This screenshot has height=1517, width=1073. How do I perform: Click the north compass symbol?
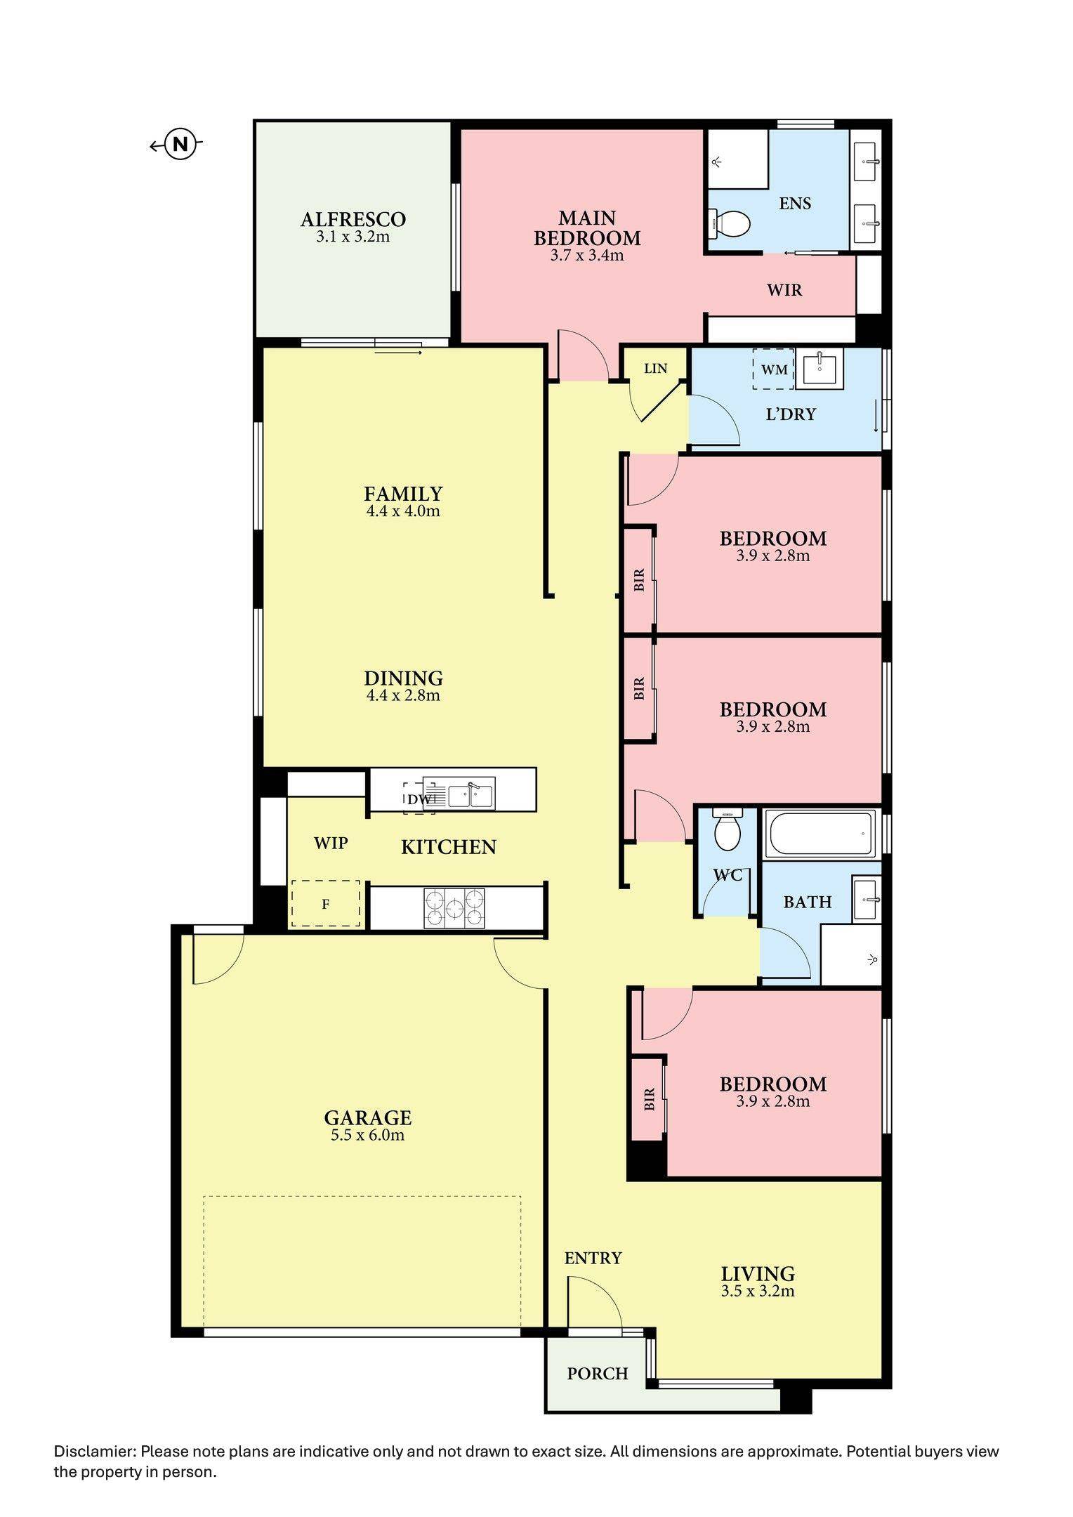click(x=180, y=145)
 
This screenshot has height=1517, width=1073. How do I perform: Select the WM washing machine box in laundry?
click(x=773, y=369)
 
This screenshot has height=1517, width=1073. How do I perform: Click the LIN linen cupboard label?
click(x=655, y=368)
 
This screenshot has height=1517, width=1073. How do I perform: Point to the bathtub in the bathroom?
click(x=821, y=834)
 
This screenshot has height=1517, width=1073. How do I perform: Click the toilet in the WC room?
click(x=726, y=830)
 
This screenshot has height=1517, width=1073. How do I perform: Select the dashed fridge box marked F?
click(x=326, y=904)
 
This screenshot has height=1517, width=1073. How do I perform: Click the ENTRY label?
click(x=593, y=1258)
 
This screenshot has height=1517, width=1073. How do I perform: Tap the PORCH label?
click(x=597, y=1373)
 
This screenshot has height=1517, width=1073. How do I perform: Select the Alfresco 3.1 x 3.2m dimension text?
click(x=353, y=237)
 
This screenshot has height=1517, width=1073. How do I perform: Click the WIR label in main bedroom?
click(x=784, y=289)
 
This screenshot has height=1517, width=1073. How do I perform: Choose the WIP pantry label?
click(x=330, y=842)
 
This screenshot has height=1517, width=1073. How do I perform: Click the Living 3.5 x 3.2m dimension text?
click(x=758, y=1291)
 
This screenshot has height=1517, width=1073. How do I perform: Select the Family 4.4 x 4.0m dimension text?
click(x=402, y=511)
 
